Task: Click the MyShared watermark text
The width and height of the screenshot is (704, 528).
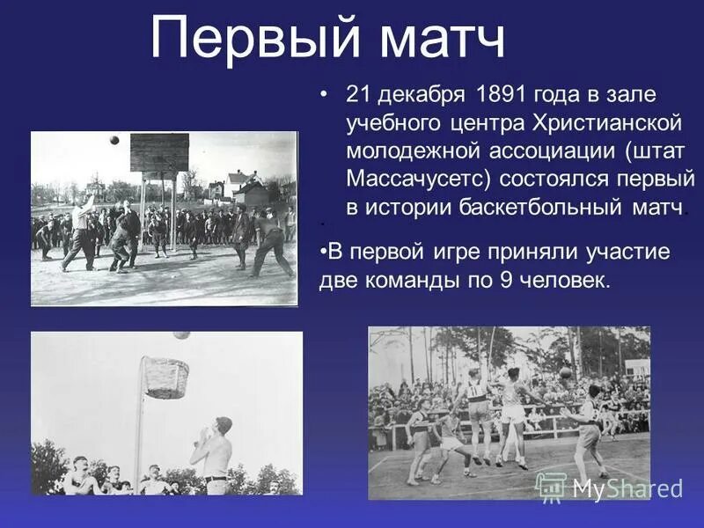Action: (x=626, y=488)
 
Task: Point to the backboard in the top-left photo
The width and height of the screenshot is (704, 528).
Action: (x=159, y=152)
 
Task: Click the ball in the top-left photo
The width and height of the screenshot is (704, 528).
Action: (x=114, y=140)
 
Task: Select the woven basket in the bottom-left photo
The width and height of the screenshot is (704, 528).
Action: (x=165, y=377)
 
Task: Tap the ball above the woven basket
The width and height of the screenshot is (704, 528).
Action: (x=182, y=335)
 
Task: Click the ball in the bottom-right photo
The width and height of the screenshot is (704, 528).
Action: (x=566, y=373)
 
